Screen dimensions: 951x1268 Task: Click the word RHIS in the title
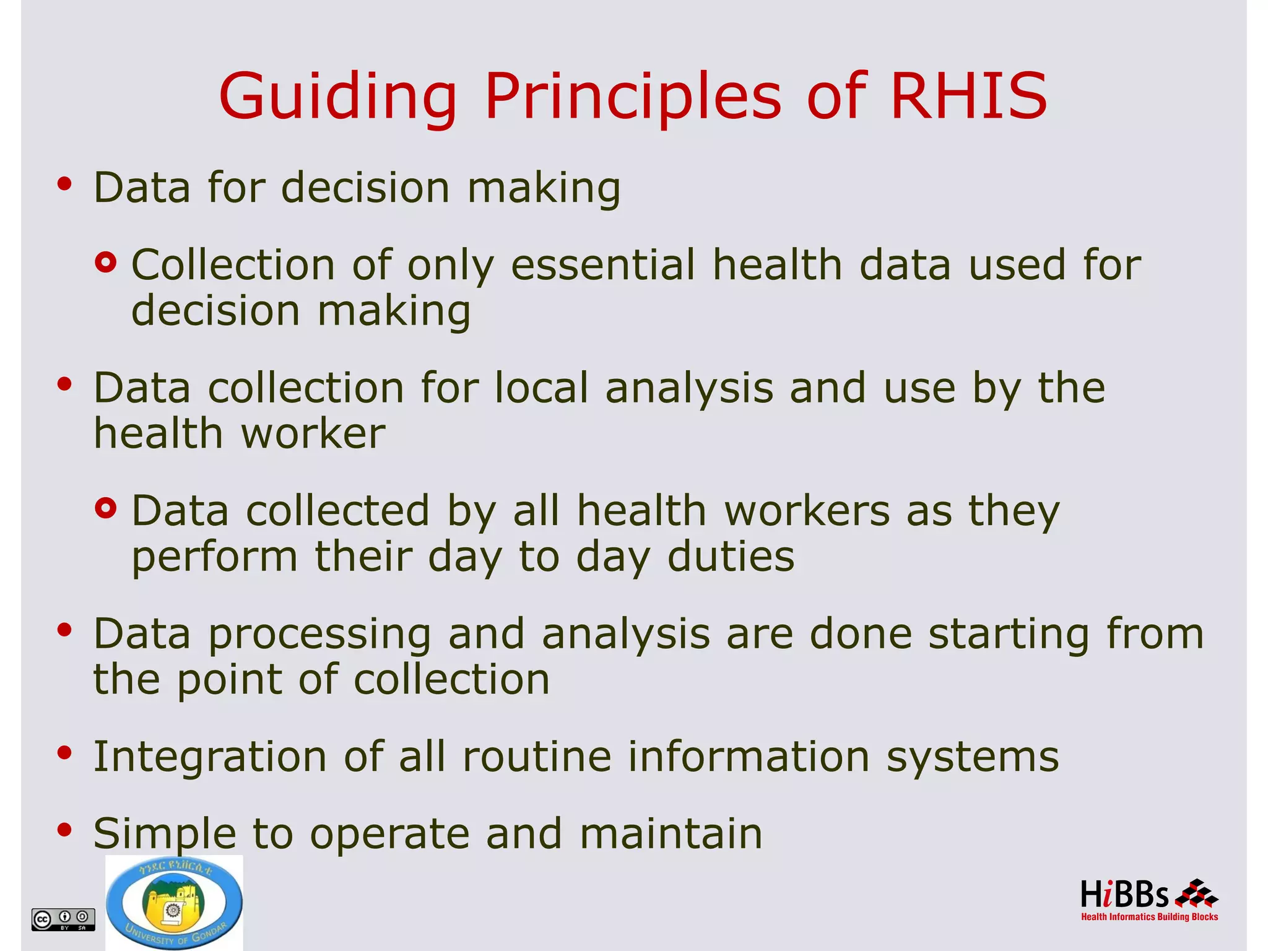click(x=968, y=96)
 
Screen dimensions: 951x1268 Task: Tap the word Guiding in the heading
click(x=338, y=96)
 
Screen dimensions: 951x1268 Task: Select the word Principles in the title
click(x=633, y=96)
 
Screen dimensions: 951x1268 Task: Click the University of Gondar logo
click(x=174, y=903)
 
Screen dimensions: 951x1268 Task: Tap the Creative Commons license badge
click(x=63, y=919)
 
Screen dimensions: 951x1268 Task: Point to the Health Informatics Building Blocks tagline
click(x=1149, y=917)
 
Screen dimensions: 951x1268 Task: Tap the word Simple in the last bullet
click(x=164, y=833)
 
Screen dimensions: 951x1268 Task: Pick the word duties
click(x=731, y=556)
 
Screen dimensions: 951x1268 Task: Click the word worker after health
click(x=313, y=433)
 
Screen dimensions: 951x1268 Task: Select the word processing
click(x=319, y=635)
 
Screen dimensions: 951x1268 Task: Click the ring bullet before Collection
click(x=106, y=263)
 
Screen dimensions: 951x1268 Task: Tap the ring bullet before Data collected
click(x=106, y=508)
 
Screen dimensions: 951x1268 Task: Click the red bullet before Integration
click(x=64, y=753)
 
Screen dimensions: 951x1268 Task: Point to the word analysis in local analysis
click(x=689, y=388)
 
